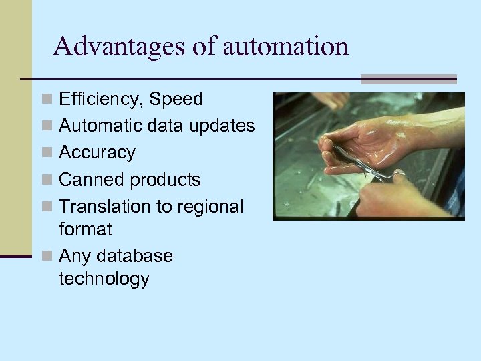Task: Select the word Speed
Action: [176, 100]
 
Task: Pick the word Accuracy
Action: [97, 153]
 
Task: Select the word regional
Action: [208, 207]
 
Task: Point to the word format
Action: [86, 229]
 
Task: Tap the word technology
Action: [104, 279]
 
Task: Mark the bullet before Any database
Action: [46, 257]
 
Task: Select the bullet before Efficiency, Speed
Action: [46, 100]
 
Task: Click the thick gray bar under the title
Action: [408, 78]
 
